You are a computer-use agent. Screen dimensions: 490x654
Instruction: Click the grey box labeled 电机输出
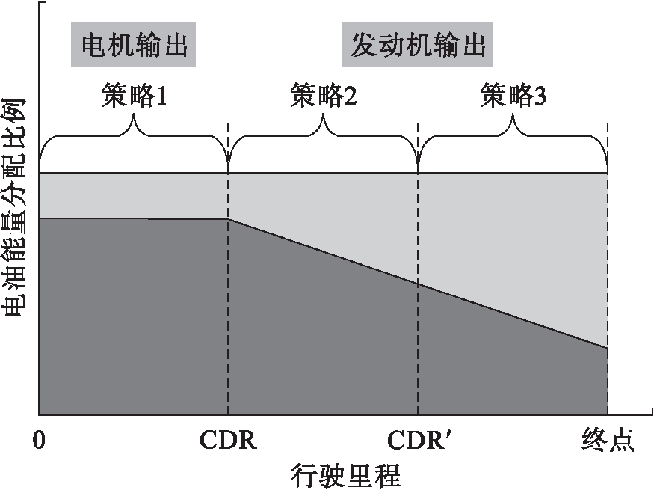coord(134,46)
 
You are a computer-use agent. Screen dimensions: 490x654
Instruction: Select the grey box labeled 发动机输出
coord(418,46)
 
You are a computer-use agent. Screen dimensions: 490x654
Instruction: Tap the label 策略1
coord(134,96)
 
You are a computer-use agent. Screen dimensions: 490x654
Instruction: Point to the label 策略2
coord(323,96)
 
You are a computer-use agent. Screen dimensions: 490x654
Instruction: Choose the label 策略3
coord(513,96)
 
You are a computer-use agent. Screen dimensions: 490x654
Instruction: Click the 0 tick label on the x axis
coord(39,441)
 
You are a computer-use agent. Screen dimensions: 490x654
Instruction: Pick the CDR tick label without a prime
coord(228,441)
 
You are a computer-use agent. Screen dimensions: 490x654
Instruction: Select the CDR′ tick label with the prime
coord(419,441)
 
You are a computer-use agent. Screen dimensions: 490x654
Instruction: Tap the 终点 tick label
coord(608,441)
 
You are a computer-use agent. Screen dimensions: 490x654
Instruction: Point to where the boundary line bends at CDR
coord(228,219)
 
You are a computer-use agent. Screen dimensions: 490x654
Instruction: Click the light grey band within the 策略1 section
coord(134,195)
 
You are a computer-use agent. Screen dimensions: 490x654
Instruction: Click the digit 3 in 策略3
coord(540,96)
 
